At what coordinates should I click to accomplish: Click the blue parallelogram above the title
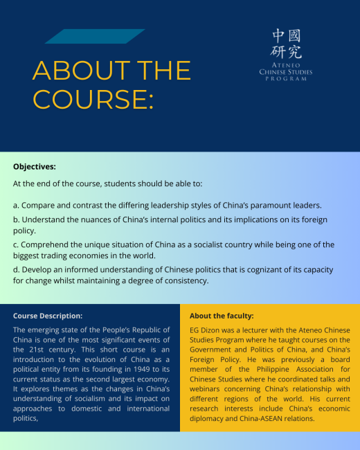[x=94, y=37]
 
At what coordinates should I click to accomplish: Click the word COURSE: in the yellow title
[x=93, y=98]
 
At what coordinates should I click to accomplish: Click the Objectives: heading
[x=35, y=167]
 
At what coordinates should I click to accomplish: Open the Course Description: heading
[x=48, y=316]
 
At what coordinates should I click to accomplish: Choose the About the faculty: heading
[x=222, y=316]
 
